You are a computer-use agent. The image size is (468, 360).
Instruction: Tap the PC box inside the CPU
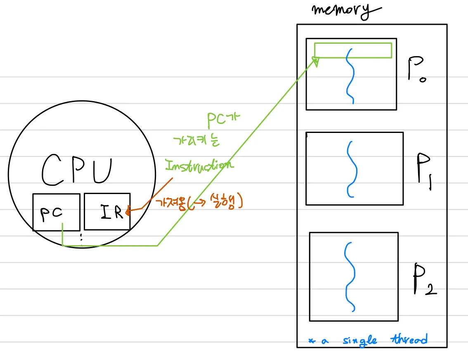click(x=56, y=212)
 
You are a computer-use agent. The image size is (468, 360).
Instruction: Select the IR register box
click(x=107, y=211)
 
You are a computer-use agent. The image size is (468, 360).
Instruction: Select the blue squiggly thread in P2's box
click(x=350, y=277)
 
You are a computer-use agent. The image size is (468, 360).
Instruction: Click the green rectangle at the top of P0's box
click(x=353, y=50)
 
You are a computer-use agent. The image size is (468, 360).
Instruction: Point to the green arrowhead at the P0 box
click(x=316, y=62)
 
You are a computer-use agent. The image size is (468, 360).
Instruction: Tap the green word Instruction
click(x=199, y=166)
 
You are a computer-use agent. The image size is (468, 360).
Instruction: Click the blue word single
click(x=360, y=341)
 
